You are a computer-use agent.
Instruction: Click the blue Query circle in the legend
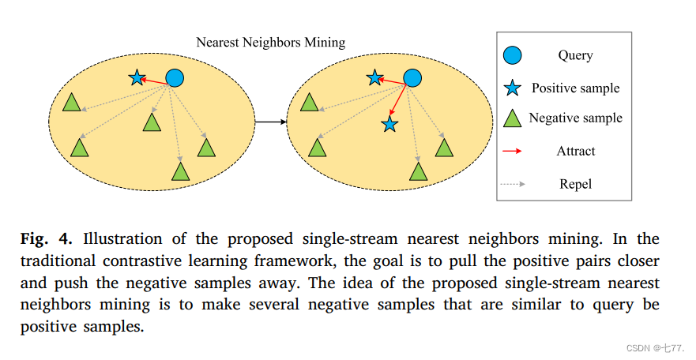(513, 55)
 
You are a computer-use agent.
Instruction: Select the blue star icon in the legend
(513, 88)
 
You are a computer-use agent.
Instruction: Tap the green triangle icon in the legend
(513, 119)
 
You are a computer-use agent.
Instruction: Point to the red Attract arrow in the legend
(513, 151)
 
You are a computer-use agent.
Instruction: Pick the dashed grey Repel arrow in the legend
(513, 184)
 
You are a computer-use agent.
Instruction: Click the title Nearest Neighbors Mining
(271, 42)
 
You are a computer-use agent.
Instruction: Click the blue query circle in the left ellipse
(174, 77)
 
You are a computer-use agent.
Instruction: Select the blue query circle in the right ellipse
(412, 77)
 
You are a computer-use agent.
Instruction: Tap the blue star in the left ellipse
(137, 77)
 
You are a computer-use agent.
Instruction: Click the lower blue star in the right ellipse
(389, 125)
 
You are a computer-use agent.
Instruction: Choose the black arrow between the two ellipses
(270, 122)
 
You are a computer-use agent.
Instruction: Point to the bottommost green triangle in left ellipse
(181, 171)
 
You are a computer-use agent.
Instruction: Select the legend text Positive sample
(575, 88)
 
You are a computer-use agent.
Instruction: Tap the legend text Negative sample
(575, 118)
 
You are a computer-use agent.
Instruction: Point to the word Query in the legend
(575, 55)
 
